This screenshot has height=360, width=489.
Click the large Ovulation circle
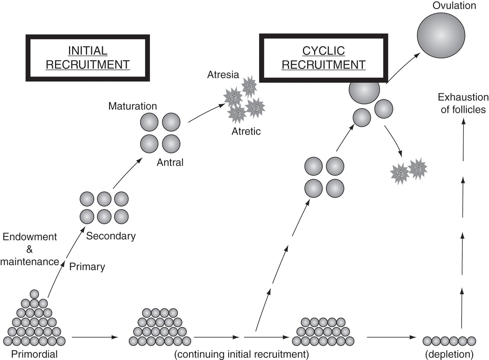441,35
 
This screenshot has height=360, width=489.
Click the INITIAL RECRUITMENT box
88,58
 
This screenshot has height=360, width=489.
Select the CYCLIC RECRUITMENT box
323,58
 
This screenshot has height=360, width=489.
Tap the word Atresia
223,75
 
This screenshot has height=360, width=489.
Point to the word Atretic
246,132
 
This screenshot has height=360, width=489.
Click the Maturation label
132,106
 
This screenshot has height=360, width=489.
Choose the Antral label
170,162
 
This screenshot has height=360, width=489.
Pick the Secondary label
111,236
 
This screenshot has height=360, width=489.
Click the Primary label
87,267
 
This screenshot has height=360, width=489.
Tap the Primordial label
34,354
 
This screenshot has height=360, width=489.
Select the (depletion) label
449,354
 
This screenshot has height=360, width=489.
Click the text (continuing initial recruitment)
242,354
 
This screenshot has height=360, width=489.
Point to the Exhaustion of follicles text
463,103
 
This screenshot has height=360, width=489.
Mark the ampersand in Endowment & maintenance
30,249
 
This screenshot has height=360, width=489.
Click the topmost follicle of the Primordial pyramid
34,294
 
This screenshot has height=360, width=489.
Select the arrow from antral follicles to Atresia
206,113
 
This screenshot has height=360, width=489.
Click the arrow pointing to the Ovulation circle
403,67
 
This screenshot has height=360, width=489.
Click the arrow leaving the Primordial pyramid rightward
95,337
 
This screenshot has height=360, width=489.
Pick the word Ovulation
454,6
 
